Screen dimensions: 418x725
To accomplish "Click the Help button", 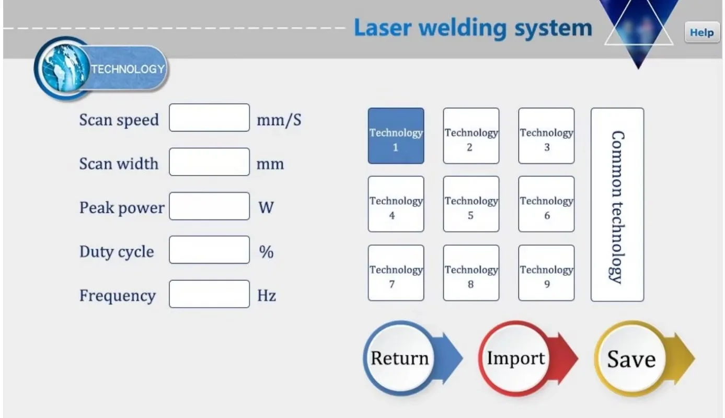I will (701, 32).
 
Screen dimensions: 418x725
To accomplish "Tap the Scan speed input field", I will (209, 118).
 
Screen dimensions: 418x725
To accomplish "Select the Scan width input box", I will (209, 162).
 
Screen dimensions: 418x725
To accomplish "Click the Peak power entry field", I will (209, 206).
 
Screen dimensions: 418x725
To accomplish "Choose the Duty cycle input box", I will (209, 250).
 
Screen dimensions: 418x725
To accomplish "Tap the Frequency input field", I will (209, 294).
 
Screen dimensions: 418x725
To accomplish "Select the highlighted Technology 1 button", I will (396, 136).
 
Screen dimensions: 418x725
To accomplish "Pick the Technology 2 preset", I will (471, 136).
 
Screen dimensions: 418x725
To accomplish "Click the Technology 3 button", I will (546, 136).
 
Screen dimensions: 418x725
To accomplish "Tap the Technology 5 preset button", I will (471, 204).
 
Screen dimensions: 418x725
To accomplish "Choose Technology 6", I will (546, 204).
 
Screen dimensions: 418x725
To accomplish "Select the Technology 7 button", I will (396, 273).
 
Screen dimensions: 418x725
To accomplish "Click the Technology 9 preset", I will (546, 273).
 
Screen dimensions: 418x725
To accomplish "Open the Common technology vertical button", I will (617, 205).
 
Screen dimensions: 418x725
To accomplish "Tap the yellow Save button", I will (631, 359).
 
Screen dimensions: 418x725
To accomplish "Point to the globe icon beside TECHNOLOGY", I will (63, 68).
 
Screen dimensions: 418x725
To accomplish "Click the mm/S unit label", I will (279, 120).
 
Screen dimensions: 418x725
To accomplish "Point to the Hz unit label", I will (267, 296).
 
